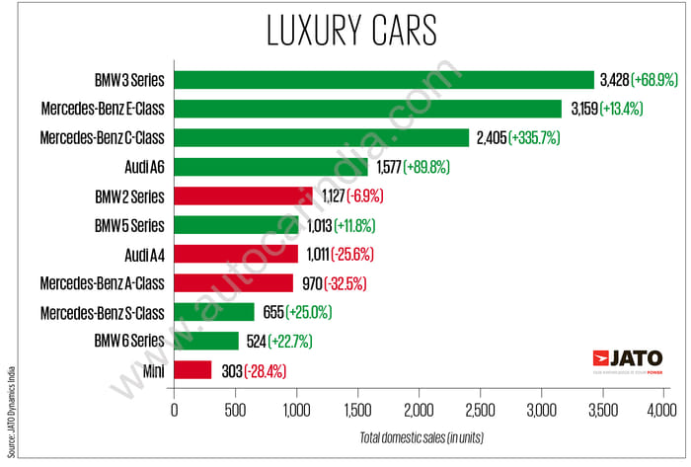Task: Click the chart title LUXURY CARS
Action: (350, 30)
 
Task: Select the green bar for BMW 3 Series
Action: (384, 79)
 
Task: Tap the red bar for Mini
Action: (192, 370)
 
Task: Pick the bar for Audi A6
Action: (270, 167)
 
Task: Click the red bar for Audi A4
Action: (236, 254)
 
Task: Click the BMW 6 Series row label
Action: (129, 342)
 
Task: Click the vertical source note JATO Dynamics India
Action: (9, 395)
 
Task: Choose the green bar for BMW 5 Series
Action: (236, 225)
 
